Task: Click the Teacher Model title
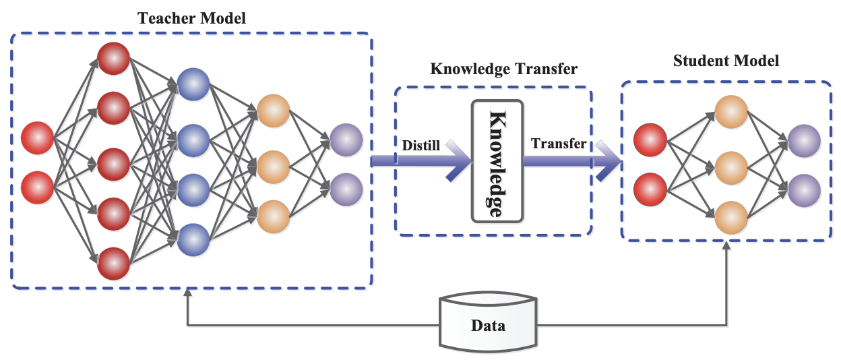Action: coord(191,18)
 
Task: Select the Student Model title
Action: coord(726,61)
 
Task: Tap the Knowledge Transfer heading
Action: coord(503,69)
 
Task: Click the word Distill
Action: coord(421,145)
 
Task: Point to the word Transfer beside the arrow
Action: coord(558,143)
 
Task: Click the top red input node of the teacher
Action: coord(38,138)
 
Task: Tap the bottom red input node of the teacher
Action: coord(38,188)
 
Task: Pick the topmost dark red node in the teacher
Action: coord(113,58)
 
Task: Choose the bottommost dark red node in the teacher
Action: coord(113,264)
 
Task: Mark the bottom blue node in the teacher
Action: coord(193,239)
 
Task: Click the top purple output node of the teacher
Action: coord(346,140)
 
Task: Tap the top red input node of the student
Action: coord(651,140)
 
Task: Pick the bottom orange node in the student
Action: coord(732,217)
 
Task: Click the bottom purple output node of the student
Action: coord(804,189)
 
